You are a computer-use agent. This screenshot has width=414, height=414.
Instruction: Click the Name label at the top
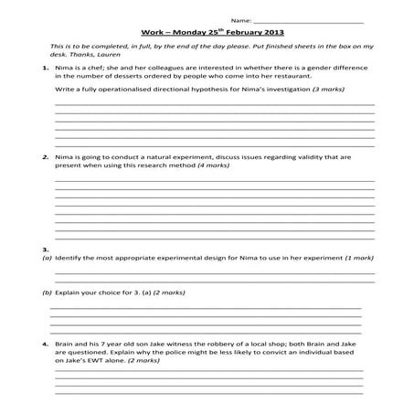240,19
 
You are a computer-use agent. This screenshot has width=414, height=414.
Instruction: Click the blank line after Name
308,20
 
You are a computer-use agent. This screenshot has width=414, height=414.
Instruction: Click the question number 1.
45,69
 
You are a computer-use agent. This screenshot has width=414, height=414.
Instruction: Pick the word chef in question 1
97,69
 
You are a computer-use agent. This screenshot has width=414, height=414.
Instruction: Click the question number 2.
45,157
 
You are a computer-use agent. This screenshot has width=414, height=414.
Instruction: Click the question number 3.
45,249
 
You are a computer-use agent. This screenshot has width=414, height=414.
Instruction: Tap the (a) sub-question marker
47,258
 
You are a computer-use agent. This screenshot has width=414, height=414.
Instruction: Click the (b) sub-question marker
47,293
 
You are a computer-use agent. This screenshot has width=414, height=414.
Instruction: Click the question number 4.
45,344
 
